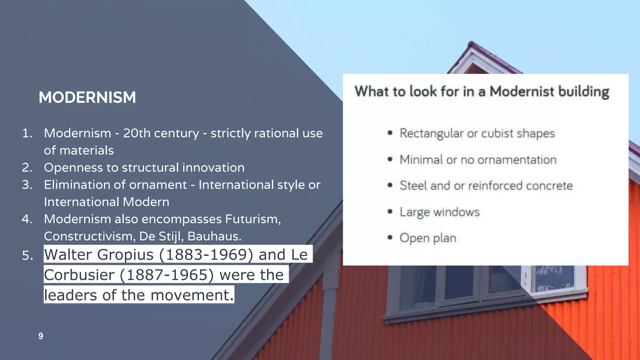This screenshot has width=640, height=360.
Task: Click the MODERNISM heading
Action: [87, 97]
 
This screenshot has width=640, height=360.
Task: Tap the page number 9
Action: [41, 336]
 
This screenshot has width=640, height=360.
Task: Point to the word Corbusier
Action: [79, 275]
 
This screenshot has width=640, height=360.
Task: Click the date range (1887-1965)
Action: [167, 275]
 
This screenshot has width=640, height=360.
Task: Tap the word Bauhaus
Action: [214, 236]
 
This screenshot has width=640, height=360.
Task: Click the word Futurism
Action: [253, 219]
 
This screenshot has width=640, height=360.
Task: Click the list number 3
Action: [27, 185]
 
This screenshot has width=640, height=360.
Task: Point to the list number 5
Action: [27, 255]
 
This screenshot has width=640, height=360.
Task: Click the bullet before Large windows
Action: [390, 212]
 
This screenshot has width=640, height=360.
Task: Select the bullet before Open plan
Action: [390, 237]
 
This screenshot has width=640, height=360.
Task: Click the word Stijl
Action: [171, 236]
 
